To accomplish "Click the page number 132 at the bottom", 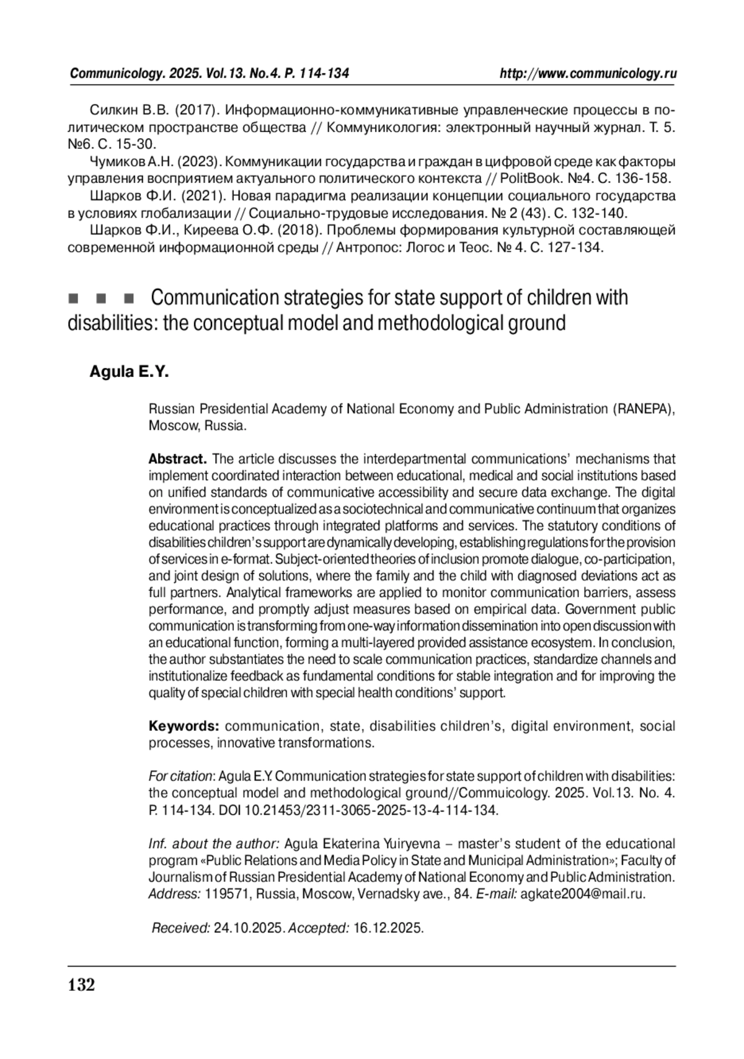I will (81, 985).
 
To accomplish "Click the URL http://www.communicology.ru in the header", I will (588, 74).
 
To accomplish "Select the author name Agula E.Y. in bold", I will (129, 372).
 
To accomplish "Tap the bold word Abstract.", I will (177, 459).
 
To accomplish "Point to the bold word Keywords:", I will (184, 726).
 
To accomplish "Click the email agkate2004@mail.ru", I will (583, 894).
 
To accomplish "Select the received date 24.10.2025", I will (249, 928).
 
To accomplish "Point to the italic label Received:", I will (181, 928).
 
